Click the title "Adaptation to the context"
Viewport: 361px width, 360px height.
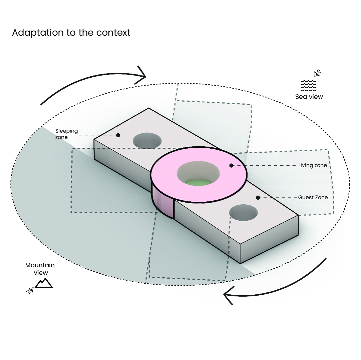coord(71,33)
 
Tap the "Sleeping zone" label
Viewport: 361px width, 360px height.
coord(66,134)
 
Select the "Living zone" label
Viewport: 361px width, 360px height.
coord(313,166)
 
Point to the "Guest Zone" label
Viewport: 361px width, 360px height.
coord(313,197)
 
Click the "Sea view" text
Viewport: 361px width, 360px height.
coord(309,97)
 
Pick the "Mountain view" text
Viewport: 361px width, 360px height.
coord(40,269)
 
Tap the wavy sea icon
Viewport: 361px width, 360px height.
coord(308,86)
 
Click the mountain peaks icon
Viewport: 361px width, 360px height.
coord(44,283)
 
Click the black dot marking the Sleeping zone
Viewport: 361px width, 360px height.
coord(118,135)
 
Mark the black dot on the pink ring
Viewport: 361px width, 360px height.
coord(231,165)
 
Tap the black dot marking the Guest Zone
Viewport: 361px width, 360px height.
coord(258,198)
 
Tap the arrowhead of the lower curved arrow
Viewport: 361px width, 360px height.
coord(228,295)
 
